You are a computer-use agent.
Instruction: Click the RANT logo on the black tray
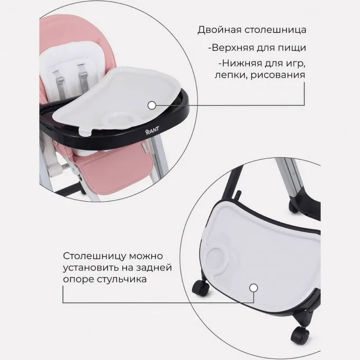point(152,131)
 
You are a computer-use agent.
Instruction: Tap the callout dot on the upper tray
point(152,105)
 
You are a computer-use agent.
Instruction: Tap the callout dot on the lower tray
point(254,287)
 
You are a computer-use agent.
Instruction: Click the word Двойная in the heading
point(220,30)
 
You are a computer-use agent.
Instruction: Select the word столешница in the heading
point(275,30)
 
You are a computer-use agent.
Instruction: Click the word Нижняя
point(241,64)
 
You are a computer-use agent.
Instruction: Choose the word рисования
point(277,75)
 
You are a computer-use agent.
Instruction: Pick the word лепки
point(231,75)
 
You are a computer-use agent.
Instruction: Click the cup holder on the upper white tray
point(120,119)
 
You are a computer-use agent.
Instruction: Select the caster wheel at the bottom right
point(300,335)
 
